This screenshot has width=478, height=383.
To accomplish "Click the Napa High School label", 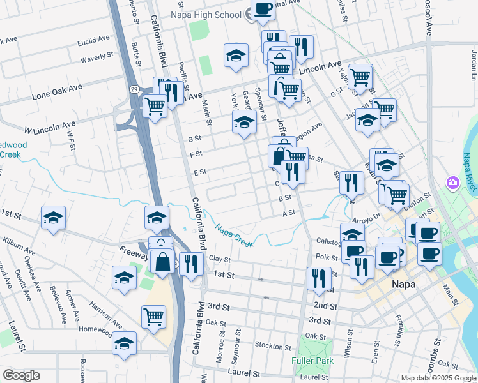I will point(206,14).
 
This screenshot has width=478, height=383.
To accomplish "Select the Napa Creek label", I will point(234,235).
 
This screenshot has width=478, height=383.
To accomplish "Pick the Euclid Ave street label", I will point(93,40).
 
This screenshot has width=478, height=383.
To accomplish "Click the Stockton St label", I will point(272,347).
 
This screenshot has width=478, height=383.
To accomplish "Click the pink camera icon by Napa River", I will point(453,184).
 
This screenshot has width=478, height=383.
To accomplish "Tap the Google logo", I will point(21,375).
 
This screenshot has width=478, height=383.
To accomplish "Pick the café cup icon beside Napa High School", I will point(262,8).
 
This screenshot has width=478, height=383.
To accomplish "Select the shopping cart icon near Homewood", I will point(154,316).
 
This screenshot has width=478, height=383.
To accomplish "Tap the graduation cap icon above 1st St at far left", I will point(54,218).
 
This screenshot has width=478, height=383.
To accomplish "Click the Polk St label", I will point(327,256).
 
